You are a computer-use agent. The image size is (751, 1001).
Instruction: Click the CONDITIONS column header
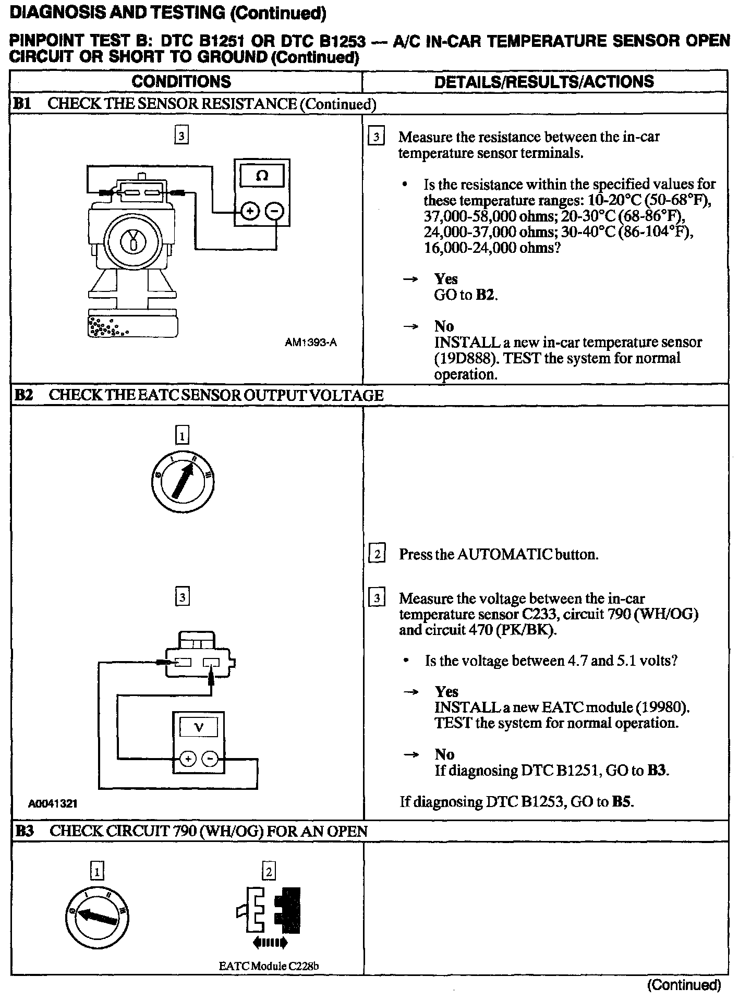click(x=181, y=81)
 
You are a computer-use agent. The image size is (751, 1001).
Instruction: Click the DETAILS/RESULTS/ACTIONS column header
click(x=544, y=81)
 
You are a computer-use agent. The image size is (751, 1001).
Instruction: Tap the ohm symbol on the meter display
click(x=262, y=176)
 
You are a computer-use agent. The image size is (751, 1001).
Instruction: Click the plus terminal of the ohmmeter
click(x=250, y=211)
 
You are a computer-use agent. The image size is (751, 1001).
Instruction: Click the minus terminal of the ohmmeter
click(x=275, y=211)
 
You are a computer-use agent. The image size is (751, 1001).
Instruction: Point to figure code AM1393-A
click(x=311, y=343)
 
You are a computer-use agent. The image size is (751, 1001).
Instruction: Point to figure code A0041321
click(x=53, y=804)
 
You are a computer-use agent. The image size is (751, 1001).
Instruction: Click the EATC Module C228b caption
click(x=269, y=966)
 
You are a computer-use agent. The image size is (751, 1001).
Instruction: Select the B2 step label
click(x=23, y=395)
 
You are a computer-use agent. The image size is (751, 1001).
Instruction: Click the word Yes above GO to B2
click(x=446, y=279)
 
